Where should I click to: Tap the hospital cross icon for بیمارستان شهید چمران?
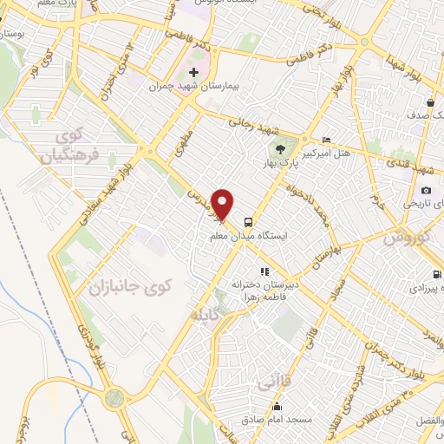click(193, 73)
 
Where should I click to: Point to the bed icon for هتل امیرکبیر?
click(326, 140)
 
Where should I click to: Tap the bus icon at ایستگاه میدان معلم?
click(250, 220)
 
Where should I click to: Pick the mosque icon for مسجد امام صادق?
click(276, 407)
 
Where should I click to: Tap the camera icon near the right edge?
click(426, 190)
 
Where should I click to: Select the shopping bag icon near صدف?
click(431, 103)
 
